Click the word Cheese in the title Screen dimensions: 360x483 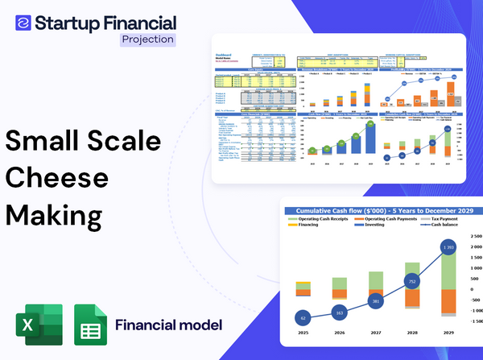(x=57, y=179)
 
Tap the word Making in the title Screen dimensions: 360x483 (x=56, y=217)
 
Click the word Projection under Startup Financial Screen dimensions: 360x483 (x=147, y=39)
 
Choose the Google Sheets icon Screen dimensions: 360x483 (x=90, y=326)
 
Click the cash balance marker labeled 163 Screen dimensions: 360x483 (x=339, y=312)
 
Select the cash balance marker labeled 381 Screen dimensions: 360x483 (x=375, y=301)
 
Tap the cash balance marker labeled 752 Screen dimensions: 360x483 (x=412, y=282)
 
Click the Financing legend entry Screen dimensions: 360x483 (x=305, y=226)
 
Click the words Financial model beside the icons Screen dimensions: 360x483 (x=168, y=326)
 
